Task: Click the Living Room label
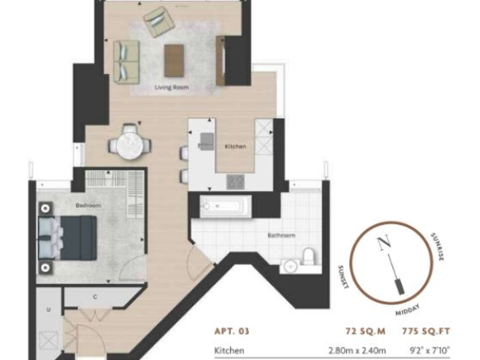tap(172, 87)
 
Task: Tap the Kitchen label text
tap(235, 146)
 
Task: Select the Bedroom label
tap(88, 205)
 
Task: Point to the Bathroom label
tap(281, 235)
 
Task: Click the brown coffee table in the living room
tap(174, 61)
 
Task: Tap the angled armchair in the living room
tap(159, 21)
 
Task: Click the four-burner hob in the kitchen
tap(235, 182)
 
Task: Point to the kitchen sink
tap(206, 141)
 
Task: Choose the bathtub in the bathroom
tap(226, 206)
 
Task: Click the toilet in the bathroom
tap(308, 256)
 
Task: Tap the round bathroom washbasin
tap(289, 266)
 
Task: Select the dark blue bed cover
tap(79, 238)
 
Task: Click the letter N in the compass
tap(384, 242)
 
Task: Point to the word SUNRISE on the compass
tap(437, 247)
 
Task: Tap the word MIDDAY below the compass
tap(408, 310)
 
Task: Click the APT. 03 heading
tap(232, 331)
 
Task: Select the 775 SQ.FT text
tap(426, 331)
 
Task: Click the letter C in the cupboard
tap(95, 297)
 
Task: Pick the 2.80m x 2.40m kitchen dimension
tap(358, 350)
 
